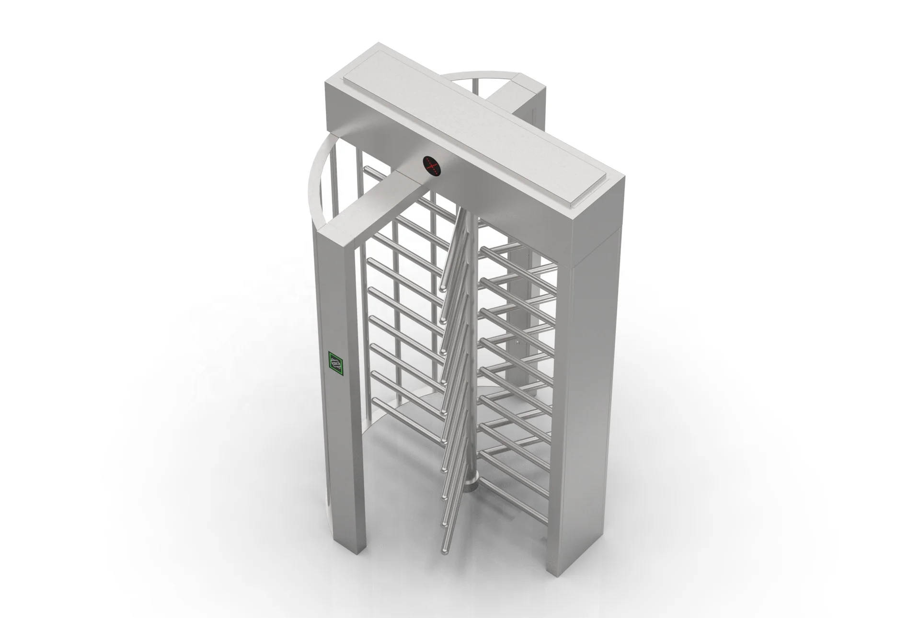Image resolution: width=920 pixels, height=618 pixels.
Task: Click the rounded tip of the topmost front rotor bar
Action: coord(443,287)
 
